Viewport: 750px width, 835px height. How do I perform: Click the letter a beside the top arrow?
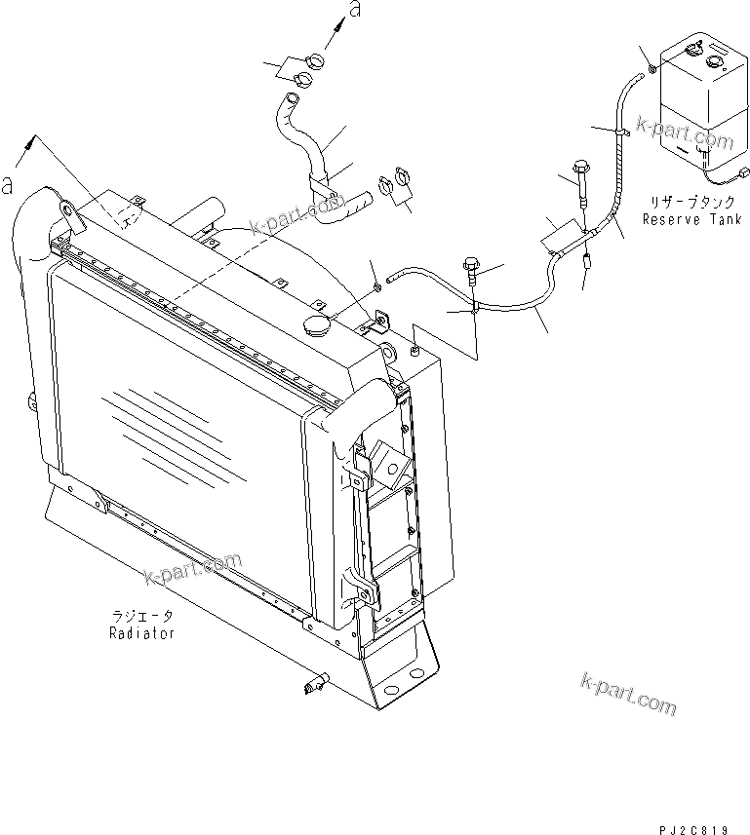[x=355, y=11]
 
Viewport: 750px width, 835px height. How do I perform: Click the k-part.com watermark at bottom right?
[x=627, y=693]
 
